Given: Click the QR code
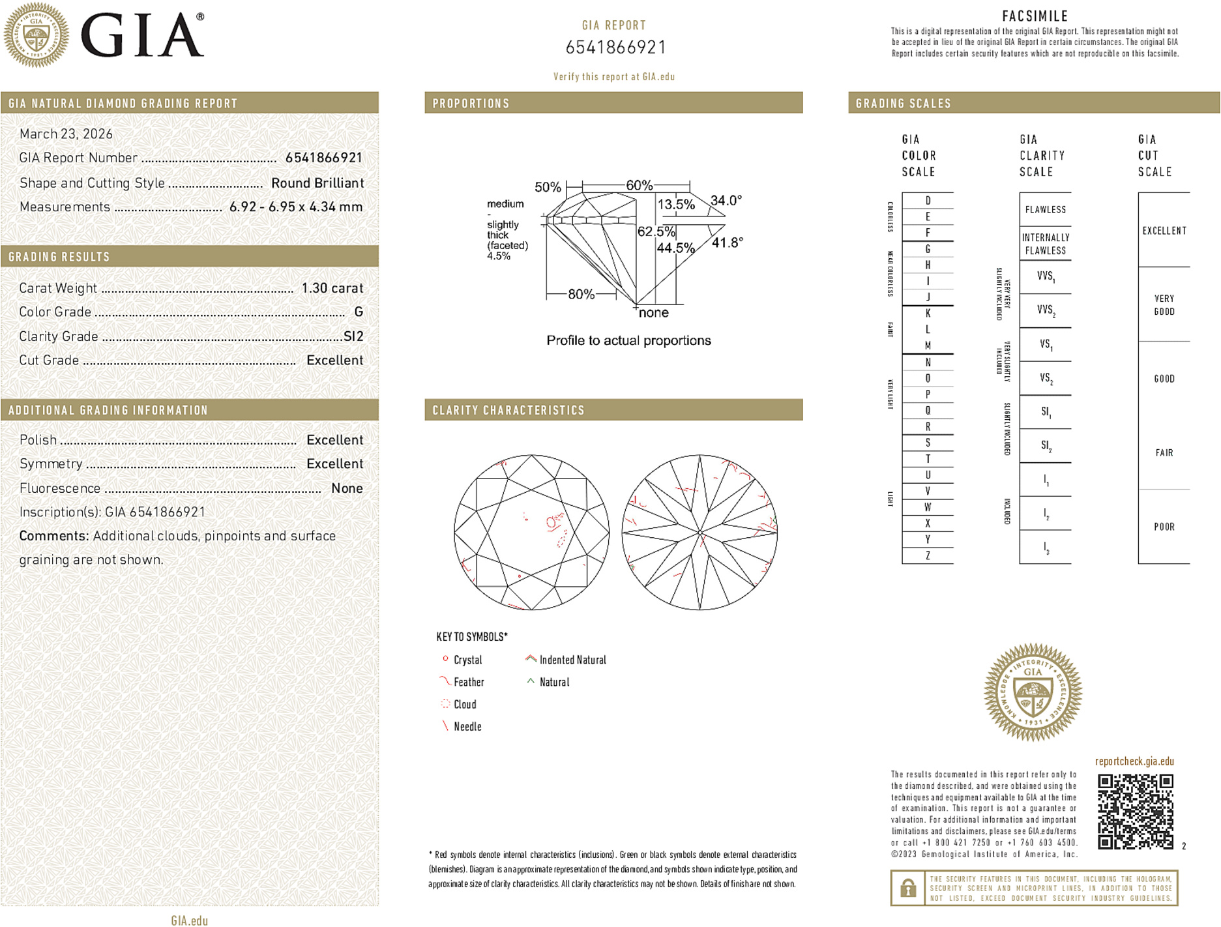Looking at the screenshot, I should coord(1135,811).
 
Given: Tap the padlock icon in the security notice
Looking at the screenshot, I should coord(908,888).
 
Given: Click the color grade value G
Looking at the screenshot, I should coord(359,312).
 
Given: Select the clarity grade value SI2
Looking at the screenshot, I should coord(353,336).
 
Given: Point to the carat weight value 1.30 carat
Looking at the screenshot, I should coord(332,288).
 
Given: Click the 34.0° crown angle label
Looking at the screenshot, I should coord(726,200).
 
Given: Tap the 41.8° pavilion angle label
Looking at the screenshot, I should coord(727,243).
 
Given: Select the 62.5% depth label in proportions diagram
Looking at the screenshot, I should coord(656,231).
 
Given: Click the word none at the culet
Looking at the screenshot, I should coord(653,313).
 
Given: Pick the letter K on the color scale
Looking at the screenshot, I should coord(928,314).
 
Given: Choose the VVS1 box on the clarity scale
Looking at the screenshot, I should coord(1045,277).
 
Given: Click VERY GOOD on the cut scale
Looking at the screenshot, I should coord(1164,305).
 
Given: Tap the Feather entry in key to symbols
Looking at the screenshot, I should coord(469,683).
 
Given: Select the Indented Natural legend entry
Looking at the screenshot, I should coord(572,660).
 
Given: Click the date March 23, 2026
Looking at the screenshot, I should coord(66,134).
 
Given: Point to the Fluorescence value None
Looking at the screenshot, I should coord(347,488).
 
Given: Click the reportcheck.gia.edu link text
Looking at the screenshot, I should coord(1134,761).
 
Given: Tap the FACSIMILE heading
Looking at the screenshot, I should coord(1035,16).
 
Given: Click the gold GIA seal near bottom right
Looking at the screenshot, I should coord(1033,692).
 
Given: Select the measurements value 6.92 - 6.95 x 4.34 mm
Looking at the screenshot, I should coord(296,207).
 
